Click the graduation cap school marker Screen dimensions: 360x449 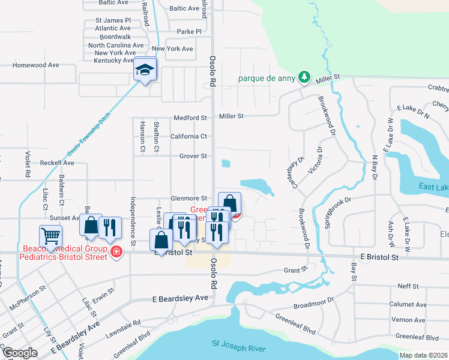tap(145, 70)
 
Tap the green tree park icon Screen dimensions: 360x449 tap(305, 77)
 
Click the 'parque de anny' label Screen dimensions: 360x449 tap(268, 77)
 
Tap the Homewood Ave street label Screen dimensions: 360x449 tap(36, 65)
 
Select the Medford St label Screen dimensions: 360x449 tap(190, 118)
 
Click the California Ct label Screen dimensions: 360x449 tap(188, 136)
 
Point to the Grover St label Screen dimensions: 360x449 tap(193, 156)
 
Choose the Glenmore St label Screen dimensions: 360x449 tap(188, 198)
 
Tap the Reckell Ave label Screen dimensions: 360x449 tap(56, 163)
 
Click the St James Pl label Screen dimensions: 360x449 tap(113, 20)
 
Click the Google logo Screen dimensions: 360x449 tap(20, 352)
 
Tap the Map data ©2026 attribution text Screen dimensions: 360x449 tap(423, 355)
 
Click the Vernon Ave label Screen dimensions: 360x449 tap(408, 320)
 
